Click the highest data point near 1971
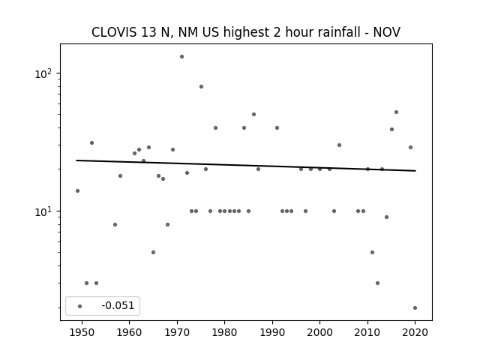(181, 57)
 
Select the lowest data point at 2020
(415, 308)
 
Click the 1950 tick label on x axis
(82, 332)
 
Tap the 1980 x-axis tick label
(224, 332)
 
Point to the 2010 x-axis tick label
(367, 332)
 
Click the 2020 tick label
(415, 332)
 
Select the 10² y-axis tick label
(45, 73)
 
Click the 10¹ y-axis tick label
(45, 211)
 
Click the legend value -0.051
(118, 305)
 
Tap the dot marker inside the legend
(80, 307)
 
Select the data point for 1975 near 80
(202, 87)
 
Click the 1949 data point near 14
(78, 191)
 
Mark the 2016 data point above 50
(397, 112)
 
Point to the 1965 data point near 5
(153, 253)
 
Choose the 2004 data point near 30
(339, 145)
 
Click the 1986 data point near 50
(253, 115)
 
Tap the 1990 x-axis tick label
(272, 332)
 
